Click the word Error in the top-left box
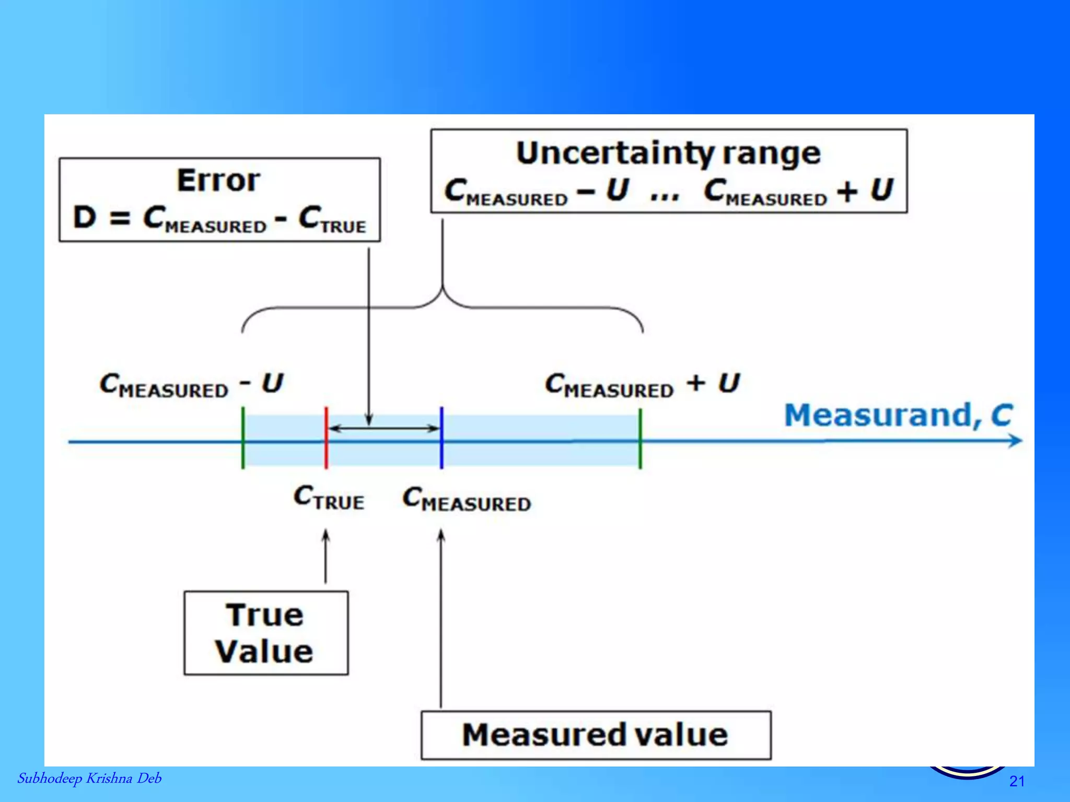tap(218, 180)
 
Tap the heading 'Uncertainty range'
tap(668, 153)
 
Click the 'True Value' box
tap(265, 633)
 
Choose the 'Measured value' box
tap(596, 735)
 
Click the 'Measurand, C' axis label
tap(898, 415)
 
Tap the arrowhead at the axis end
tap(1015, 441)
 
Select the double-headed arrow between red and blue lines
tap(384, 429)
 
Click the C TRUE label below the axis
tap(329, 497)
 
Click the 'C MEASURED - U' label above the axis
tap(191, 385)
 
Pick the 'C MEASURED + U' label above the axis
tap(642, 385)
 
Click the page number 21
tap(1017, 781)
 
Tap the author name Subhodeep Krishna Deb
tap(89, 779)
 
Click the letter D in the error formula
tap(85, 217)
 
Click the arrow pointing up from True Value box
tap(325, 556)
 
